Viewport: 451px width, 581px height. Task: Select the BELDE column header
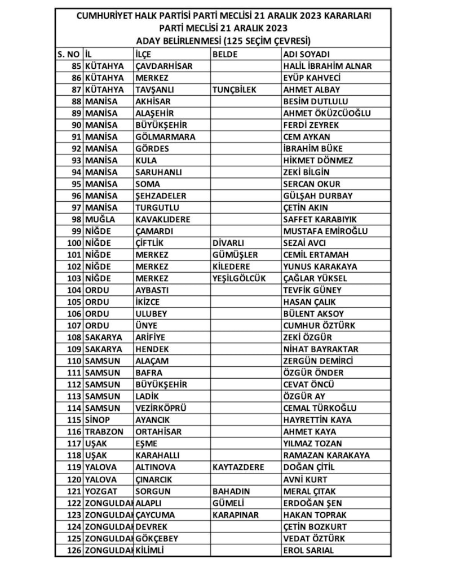(225, 54)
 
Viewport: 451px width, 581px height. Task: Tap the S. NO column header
(69, 54)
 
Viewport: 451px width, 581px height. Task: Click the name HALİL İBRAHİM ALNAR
(327, 66)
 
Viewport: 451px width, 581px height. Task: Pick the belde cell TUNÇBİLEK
(235, 90)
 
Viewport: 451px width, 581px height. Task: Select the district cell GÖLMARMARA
(165, 137)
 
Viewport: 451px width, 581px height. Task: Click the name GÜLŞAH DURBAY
(317, 196)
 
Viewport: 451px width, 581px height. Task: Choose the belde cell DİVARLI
(228, 243)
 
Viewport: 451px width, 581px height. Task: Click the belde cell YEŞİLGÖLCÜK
(239, 278)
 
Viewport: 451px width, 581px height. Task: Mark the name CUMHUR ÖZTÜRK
(319, 326)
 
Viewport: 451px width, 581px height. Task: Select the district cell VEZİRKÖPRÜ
(161, 408)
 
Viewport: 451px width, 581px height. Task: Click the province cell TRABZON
(104, 432)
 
